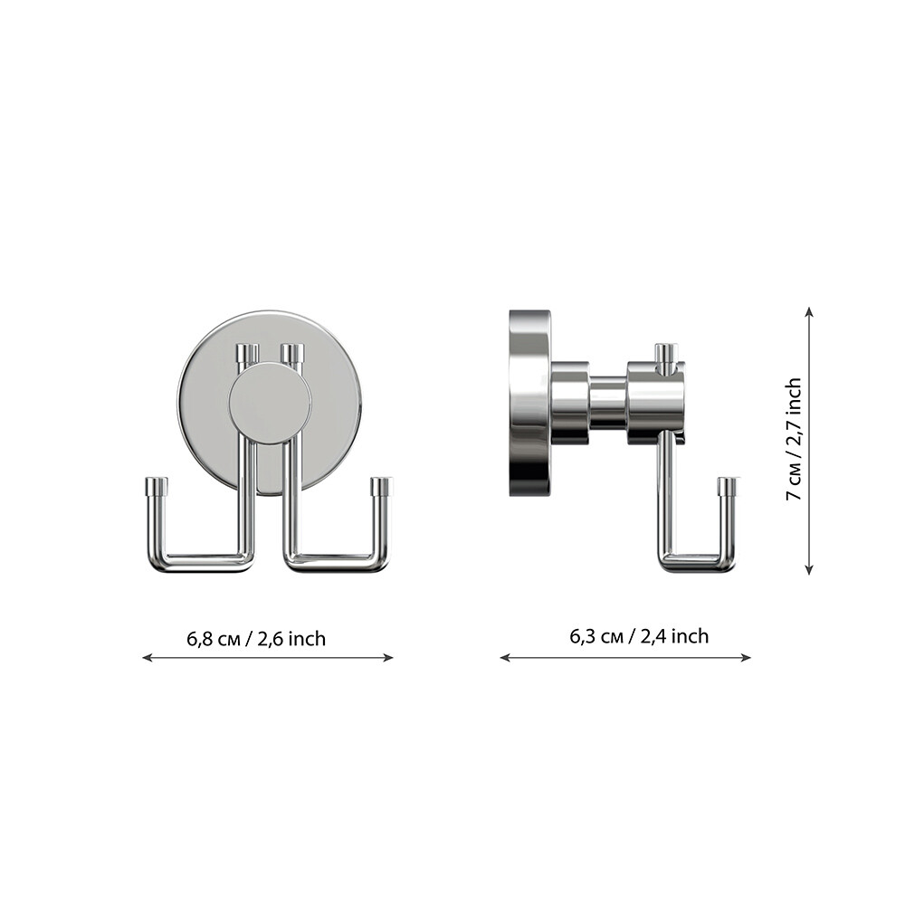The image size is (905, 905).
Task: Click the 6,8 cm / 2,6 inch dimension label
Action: pos(256,639)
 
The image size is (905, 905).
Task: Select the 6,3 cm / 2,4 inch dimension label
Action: pos(639,636)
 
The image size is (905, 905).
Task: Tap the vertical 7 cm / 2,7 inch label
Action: pos(795,439)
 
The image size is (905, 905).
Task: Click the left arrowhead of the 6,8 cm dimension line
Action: pos(148,657)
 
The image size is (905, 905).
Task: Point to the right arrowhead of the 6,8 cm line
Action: pos(389,657)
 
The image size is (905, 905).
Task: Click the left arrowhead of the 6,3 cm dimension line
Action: pos(505,657)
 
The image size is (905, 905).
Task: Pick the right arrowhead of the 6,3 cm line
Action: pos(747,657)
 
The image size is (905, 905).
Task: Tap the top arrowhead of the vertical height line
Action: pos(809,311)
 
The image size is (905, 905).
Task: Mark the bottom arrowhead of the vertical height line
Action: pos(809,569)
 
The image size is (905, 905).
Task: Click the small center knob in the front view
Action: pos(270,404)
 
